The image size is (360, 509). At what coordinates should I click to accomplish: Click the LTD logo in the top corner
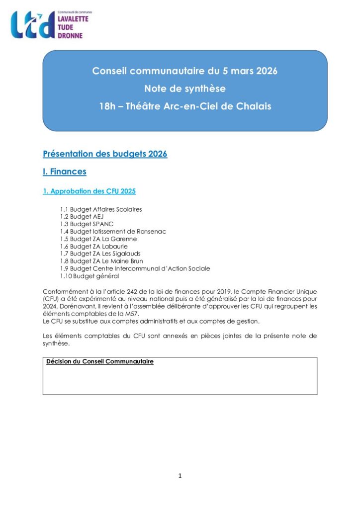pos(33,25)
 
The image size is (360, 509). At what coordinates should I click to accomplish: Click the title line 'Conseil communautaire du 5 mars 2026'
pos(184,71)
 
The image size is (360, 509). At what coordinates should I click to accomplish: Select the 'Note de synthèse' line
pos(184,89)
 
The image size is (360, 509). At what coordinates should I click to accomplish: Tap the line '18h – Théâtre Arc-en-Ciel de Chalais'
pos(184,106)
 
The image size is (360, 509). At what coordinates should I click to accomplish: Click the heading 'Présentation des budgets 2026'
pos(105,154)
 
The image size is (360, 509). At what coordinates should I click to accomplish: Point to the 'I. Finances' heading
pos(65,172)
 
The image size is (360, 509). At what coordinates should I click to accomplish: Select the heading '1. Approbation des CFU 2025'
pos(90,191)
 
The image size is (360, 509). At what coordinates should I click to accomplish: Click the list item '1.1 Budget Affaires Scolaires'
pos(101,209)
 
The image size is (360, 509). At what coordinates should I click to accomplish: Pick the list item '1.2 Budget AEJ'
pos(82,217)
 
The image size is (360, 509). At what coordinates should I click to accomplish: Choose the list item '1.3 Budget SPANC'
pos(87,224)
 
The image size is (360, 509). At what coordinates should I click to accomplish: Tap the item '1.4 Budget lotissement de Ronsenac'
pos(113,232)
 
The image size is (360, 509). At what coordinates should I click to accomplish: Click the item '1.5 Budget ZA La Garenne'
pos(98,239)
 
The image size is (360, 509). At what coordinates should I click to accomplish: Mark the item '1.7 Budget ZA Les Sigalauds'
pos(102,254)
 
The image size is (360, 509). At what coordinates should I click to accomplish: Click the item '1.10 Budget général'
pos(90,276)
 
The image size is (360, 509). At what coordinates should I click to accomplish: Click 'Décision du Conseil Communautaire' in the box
pos(100,362)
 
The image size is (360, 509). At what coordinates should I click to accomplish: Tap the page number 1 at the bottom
pos(180,476)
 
